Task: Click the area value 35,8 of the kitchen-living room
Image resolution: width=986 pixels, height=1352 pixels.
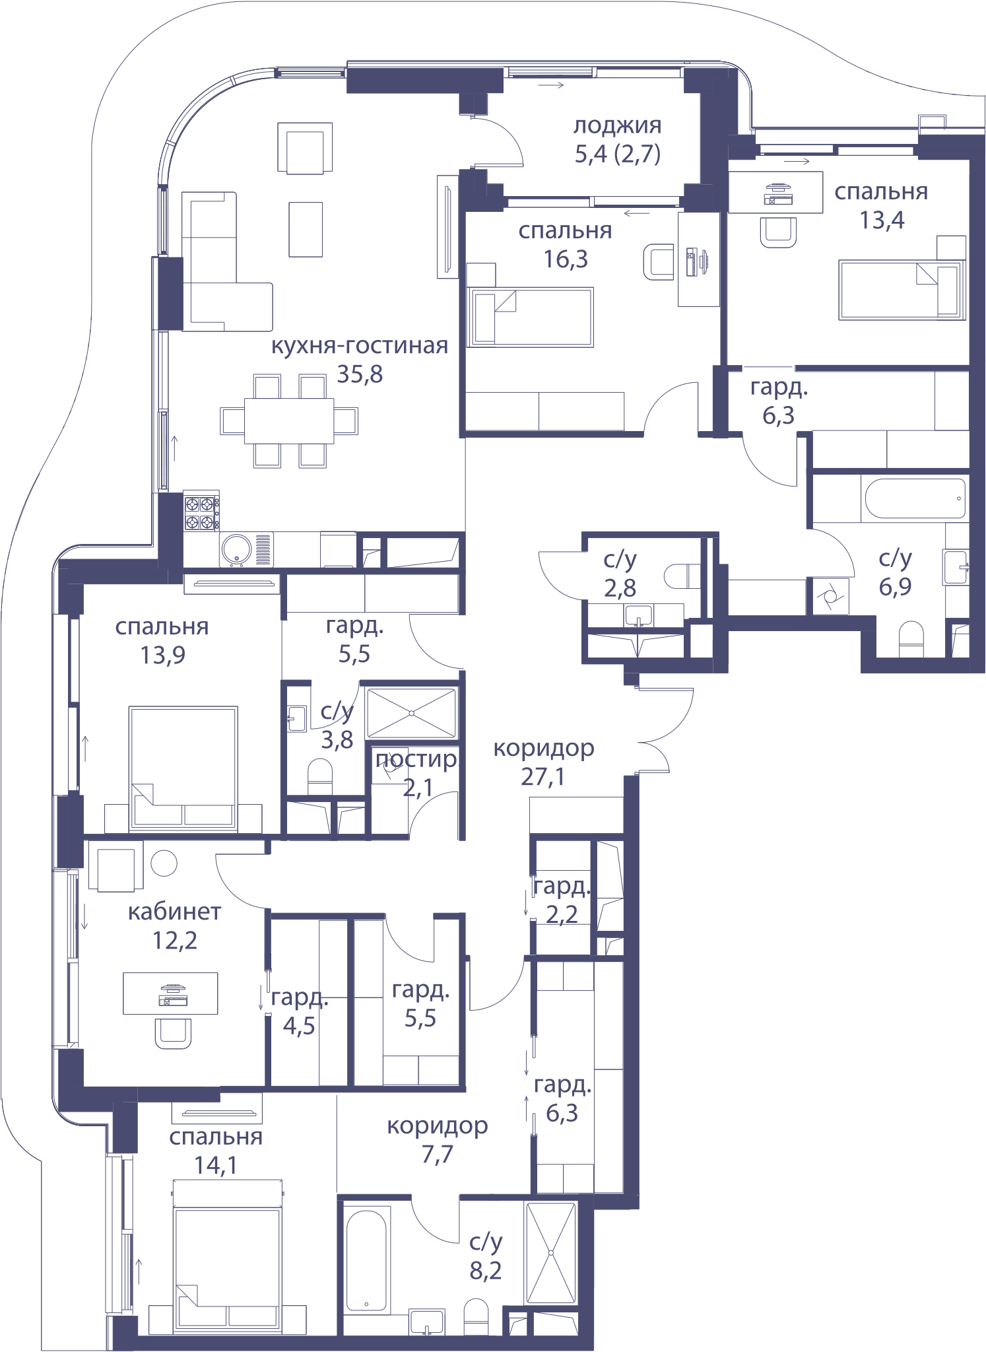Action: [360, 374]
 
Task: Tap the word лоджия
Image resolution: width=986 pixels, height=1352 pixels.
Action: [617, 125]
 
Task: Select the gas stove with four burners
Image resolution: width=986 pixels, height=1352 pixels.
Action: [201, 514]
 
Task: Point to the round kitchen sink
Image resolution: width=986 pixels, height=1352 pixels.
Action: [237, 549]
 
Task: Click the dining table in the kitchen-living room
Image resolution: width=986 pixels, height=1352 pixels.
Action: [289, 421]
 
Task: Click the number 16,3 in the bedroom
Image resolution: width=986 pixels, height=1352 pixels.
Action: [565, 259]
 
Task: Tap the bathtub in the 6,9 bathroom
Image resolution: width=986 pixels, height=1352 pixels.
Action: [915, 498]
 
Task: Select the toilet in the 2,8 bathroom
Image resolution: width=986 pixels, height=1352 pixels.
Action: [682, 576]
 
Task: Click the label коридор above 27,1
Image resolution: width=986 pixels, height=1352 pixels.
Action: [544, 749]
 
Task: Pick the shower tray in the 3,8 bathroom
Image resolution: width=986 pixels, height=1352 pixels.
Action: [411, 713]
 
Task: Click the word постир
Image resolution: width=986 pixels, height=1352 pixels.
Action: [416, 759]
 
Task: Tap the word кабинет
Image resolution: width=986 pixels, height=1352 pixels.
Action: [174, 912]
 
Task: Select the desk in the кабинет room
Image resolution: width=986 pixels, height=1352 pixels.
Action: [170, 993]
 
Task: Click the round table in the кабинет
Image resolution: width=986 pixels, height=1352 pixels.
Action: [164, 863]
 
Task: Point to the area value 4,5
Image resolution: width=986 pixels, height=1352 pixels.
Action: [299, 1027]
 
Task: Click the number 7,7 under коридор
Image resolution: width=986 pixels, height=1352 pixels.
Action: [438, 1155]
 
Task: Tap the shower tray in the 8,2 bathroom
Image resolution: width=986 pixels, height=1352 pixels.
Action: [550, 1252]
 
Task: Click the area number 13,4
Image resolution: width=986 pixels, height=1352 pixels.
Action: [882, 220]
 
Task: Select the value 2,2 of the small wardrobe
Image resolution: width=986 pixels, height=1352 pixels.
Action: [562, 914]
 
